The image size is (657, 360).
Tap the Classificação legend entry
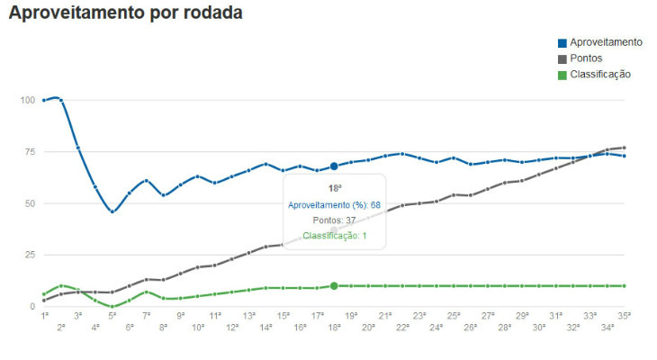(x=599, y=74)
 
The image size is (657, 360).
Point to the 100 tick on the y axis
(x=27, y=100)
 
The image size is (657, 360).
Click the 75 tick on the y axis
(x=29, y=152)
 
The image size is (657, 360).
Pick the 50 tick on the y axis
(x=29, y=203)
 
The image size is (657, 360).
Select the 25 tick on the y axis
(x=29, y=255)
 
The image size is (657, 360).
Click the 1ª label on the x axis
(x=44, y=316)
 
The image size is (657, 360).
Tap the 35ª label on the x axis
(x=624, y=316)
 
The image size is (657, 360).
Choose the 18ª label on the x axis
(x=334, y=328)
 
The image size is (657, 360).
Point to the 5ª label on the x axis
(x=112, y=316)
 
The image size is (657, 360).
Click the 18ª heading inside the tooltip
(x=334, y=188)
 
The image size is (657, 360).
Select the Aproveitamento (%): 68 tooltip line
(x=334, y=205)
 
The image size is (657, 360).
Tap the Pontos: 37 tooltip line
(x=334, y=220)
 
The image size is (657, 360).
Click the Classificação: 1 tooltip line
(x=334, y=236)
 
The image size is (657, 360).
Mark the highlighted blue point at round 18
(x=334, y=166)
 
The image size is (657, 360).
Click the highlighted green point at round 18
(x=334, y=286)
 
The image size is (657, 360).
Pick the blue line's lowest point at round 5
(x=112, y=211)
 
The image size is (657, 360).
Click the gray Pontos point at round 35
(x=624, y=148)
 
